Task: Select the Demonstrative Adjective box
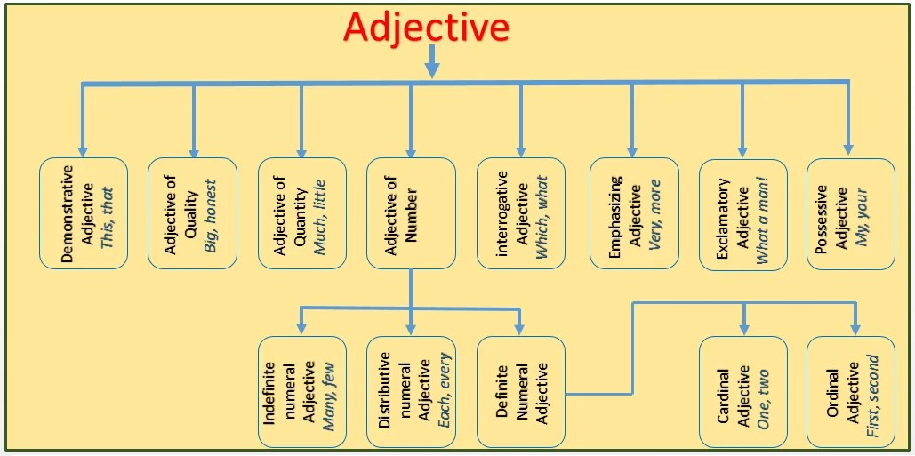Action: click(84, 213)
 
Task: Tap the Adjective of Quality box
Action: click(192, 213)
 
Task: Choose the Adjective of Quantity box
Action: click(302, 213)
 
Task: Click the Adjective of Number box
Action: click(411, 213)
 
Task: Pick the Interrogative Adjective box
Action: click(521, 213)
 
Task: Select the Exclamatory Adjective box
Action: click(742, 213)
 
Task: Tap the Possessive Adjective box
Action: click(851, 213)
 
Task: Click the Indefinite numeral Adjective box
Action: click(302, 391)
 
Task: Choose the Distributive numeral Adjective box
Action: click(411, 391)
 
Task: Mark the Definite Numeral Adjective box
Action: click(521, 391)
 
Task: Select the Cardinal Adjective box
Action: click(742, 391)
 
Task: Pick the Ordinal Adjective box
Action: click(851, 391)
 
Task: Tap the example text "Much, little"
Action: click(321, 213)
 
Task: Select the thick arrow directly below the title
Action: click(432, 62)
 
